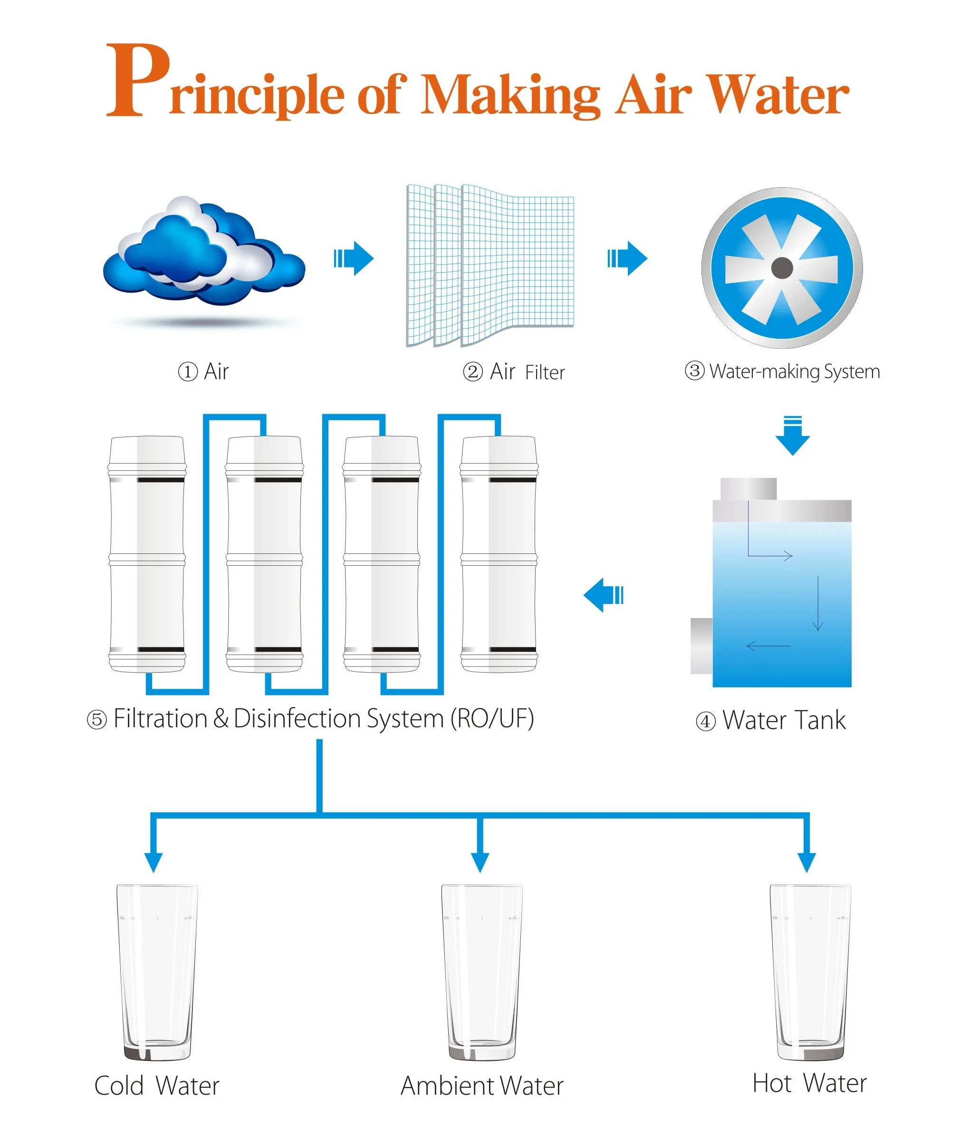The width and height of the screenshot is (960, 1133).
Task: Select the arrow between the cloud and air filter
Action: point(354,258)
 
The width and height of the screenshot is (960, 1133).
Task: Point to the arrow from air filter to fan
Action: point(627,258)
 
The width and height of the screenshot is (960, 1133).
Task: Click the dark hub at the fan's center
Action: point(782,267)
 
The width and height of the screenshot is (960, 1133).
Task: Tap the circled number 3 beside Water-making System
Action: point(694,371)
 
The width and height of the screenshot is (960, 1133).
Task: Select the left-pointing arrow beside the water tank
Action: point(604,595)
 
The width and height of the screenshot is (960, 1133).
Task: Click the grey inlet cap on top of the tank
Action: point(749,488)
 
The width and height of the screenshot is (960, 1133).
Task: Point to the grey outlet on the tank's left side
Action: point(701,646)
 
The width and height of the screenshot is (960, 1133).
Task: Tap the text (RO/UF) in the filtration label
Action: point(492,719)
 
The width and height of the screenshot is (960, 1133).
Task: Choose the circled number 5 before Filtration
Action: point(97,720)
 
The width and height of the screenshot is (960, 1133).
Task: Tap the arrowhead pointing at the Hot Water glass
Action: point(806,862)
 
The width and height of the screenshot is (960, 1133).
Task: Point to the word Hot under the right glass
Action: point(771,1083)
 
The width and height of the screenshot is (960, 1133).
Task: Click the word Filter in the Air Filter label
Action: point(545,372)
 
